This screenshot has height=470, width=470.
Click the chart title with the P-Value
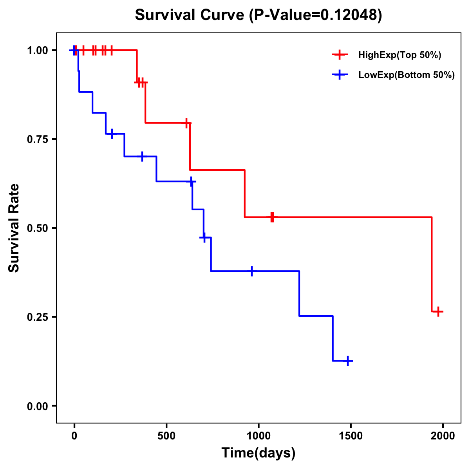(x=258, y=15)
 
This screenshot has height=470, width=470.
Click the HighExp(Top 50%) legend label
(x=400, y=55)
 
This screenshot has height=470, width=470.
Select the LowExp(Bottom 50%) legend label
(x=407, y=75)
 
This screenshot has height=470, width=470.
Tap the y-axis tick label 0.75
(x=37, y=139)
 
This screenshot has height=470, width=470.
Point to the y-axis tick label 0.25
(x=37, y=317)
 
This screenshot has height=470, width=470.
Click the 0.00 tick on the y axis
(x=37, y=406)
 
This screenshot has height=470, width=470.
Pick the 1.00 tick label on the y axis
(x=37, y=51)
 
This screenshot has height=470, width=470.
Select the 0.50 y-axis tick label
(x=37, y=228)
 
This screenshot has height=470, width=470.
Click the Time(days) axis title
(x=258, y=453)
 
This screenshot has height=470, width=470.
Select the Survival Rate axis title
(x=14, y=228)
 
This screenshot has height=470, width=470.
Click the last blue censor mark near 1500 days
(x=347, y=361)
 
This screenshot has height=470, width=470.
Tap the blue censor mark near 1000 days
(x=252, y=271)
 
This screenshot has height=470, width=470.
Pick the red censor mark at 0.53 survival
(x=272, y=217)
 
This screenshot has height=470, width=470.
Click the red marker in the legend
(x=340, y=55)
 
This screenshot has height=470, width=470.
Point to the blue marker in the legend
(x=340, y=75)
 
